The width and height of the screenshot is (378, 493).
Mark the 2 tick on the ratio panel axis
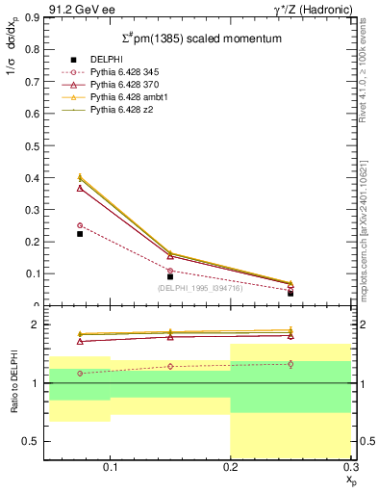37,325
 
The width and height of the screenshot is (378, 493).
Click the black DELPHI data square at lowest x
80,234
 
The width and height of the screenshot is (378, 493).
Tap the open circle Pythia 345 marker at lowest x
80,225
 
